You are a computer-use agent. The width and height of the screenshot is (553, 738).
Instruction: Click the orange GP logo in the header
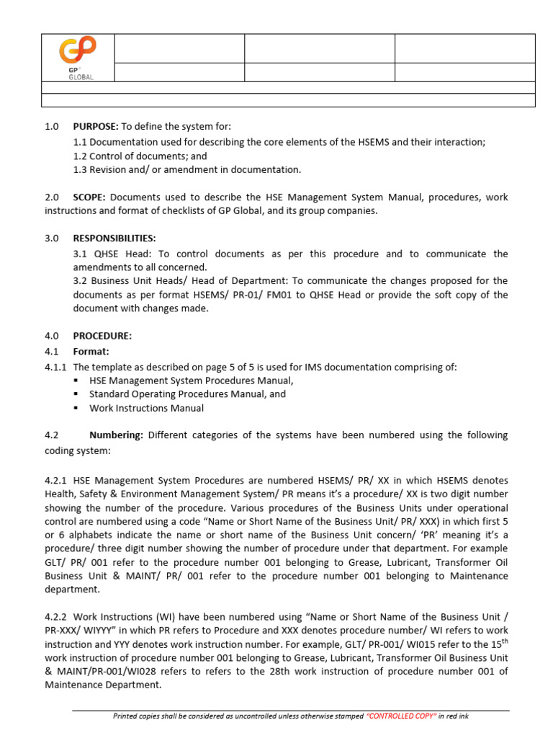pyautogui.click(x=77, y=54)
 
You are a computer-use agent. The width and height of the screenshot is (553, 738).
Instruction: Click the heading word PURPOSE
pyautogui.click(x=96, y=126)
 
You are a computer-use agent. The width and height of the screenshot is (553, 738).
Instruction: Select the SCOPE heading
pyautogui.click(x=89, y=197)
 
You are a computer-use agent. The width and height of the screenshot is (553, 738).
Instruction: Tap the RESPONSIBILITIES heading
pyautogui.click(x=114, y=238)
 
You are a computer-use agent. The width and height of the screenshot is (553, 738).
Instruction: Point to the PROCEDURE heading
pyautogui.click(x=102, y=335)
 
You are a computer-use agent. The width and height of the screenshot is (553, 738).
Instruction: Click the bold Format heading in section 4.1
pyautogui.click(x=91, y=351)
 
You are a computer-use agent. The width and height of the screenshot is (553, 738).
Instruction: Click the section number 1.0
pyautogui.click(x=51, y=126)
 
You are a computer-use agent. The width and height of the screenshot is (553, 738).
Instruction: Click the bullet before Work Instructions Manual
pyautogui.click(x=77, y=408)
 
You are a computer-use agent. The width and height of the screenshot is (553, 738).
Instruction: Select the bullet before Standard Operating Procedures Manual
pyautogui.click(x=77, y=394)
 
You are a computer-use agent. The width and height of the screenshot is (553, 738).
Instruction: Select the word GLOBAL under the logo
pyautogui.click(x=81, y=77)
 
